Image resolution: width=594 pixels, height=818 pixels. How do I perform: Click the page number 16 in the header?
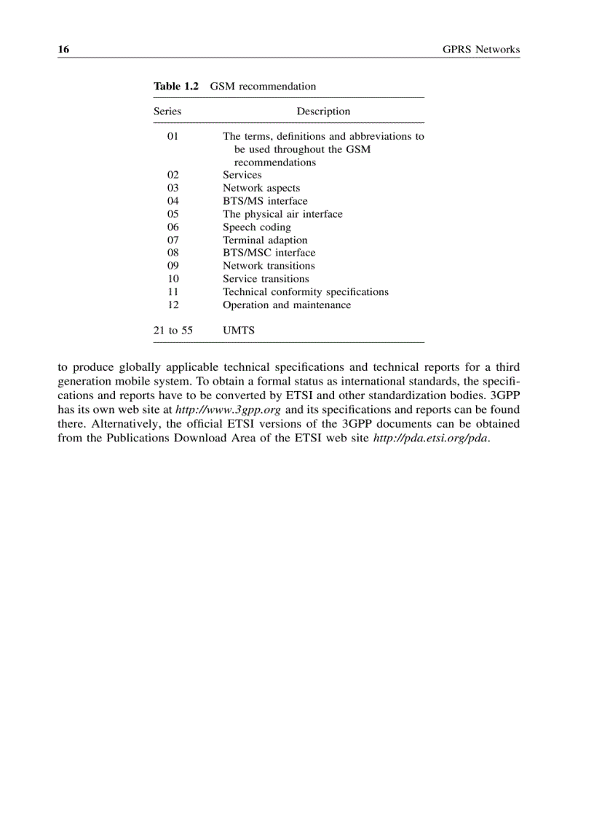point(63,50)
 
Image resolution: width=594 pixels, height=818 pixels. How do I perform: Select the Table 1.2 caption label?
point(175,86)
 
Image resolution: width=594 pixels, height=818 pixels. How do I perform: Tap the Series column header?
point(167,111)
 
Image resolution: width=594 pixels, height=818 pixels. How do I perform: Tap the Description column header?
point(323,111)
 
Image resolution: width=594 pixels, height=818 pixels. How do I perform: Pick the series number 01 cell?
point(173,136)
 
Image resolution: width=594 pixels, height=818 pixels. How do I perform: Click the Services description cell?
point(242,175)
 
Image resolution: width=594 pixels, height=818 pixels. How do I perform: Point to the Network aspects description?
point(261,188)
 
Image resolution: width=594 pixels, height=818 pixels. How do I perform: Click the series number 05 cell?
point(173,214)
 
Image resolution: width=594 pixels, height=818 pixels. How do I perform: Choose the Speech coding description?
point(256,227)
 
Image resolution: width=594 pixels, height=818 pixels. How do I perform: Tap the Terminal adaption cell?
point(265,240)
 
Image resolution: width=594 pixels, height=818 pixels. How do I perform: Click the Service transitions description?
point(266,279)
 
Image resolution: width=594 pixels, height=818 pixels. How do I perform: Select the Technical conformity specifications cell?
point(305,292)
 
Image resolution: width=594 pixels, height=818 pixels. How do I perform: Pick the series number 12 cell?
point(173,305)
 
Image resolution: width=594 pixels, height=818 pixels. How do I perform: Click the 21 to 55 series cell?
point(173,331)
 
